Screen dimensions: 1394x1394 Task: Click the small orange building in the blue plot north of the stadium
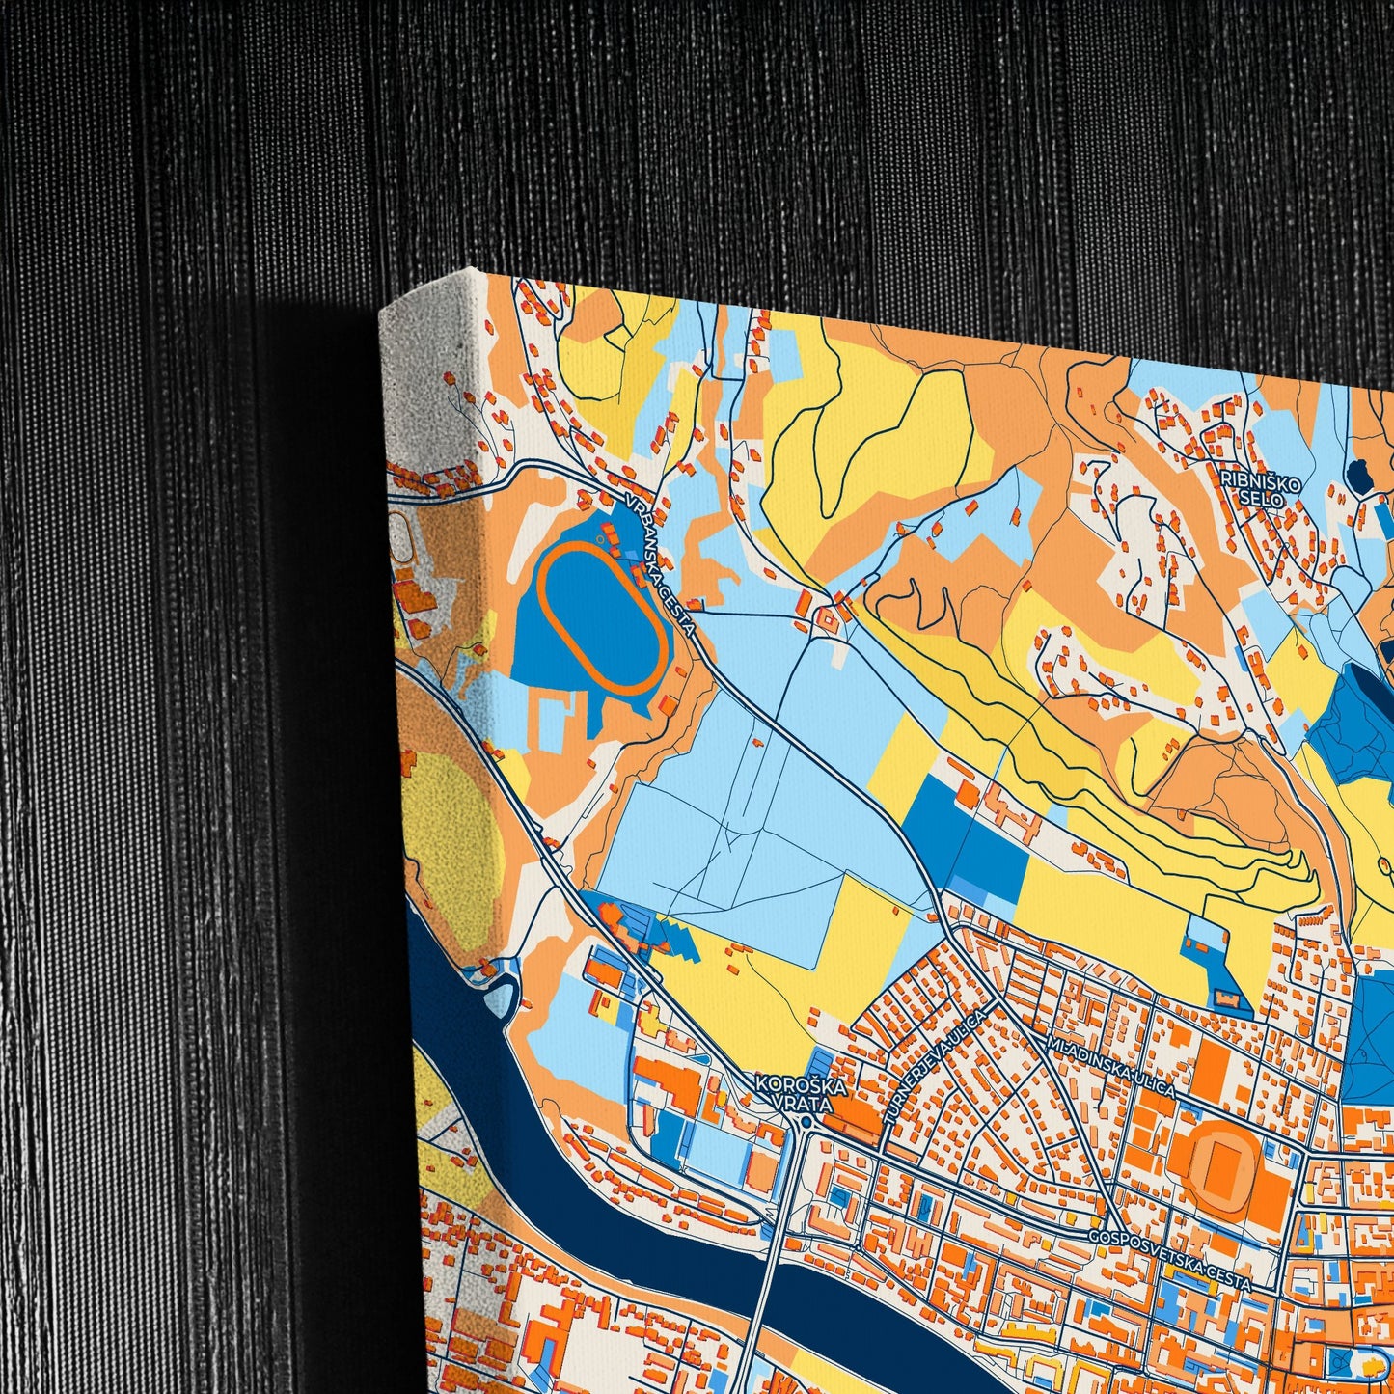pyautogui.click(x=1227, y=995)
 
